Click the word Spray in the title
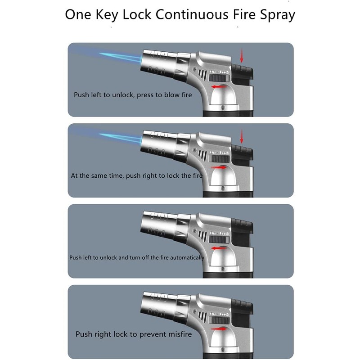coord(277,15)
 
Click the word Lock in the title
coord(137,14)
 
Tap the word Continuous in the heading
coord(192,14)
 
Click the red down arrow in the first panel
coord(241,55)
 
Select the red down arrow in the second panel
coord(241,136)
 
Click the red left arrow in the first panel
coord(219,87)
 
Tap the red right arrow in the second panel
coord(219,167)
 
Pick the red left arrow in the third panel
coord(219,248)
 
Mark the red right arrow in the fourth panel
coord(219,329)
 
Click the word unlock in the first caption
coord(122,94)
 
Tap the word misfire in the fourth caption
coord(180,334)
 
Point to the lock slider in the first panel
coord(219,78)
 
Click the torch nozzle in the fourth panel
coord(158,306)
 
